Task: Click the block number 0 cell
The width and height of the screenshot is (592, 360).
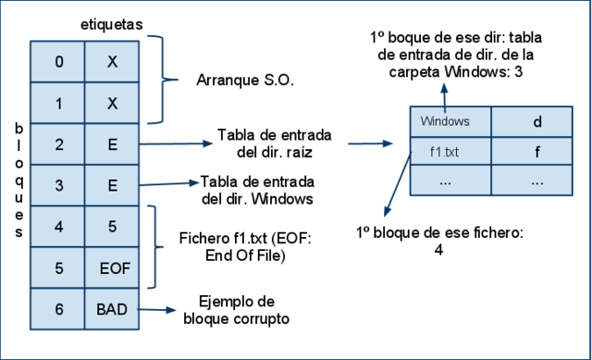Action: pyautogui.click(x=58, y=62)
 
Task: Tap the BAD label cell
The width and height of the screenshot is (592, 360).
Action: pyautogui.click(x=112, y=309)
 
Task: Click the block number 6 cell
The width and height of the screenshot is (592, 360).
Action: pyautogui.click(x=58, y=309)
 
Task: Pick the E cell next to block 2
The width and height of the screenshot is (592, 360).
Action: pyautogui.click(x=112, y=144)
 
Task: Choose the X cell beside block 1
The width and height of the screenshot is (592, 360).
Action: pyautogui.click(x=112, y=103)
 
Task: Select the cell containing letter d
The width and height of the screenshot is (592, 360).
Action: pyautogui.click(x=536, y=121)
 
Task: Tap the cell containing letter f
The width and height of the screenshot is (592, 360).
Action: pyautogui.click(x=536, y=151)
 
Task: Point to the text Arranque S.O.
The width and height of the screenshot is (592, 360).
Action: pyautogui.click(x=245, y=81)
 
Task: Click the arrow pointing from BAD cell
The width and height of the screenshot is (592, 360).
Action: pyautogui.click(x=157, y=311)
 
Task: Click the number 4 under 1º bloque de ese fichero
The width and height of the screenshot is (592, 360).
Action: pyautogui.click(x=438, y=249)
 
